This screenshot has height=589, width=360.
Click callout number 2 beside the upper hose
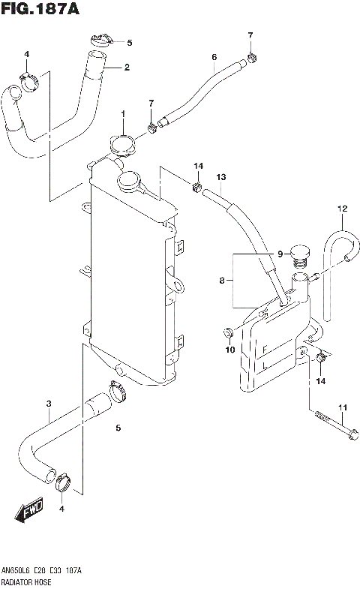(127, 68)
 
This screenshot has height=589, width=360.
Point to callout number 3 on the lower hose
(48, 404)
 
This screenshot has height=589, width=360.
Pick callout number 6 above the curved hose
(214, 57)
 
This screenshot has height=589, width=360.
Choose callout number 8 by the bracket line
(222, 281)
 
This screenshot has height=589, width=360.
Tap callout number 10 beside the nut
(229, 350)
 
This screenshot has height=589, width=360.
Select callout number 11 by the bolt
(343, 408)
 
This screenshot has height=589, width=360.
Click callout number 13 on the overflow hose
(221, 177)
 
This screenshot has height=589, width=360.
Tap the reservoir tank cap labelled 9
(300, 254)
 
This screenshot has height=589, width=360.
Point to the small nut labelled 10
(227, 332)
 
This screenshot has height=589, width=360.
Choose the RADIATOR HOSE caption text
(27, 581)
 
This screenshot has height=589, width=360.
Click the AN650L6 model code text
(17, 572)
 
